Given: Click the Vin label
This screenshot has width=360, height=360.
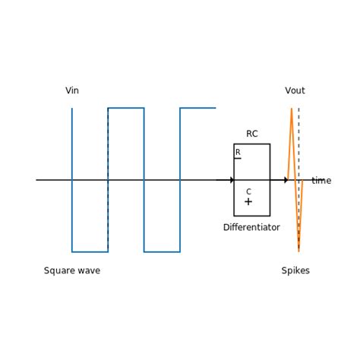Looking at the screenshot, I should pos(72,91).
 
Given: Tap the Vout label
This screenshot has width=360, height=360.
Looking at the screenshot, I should pos(295,91).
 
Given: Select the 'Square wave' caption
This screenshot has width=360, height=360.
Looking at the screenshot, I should pos(72,271).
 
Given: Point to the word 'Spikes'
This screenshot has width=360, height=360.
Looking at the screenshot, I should pos(295,271).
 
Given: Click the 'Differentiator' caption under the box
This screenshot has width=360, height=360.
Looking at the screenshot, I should pos(251,228).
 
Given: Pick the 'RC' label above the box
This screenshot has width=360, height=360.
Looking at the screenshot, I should pos(251,134).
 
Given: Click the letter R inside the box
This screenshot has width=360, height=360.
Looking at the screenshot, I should pos(238,153).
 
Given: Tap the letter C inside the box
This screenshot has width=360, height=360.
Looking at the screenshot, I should pos(248,192).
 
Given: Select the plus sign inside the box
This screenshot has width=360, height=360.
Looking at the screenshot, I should pos(248,202).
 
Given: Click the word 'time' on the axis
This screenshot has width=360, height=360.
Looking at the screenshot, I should pos(321,181).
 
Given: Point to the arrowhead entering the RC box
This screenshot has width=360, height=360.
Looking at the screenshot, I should pos(232,180).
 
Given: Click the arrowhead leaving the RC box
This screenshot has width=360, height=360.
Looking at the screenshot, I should pos(286,180).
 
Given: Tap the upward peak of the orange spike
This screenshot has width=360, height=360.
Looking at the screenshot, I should pos(292,109).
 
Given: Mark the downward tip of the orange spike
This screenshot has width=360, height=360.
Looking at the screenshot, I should pos(298,250).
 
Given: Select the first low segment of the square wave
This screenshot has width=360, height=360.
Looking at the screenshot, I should pos(90,251).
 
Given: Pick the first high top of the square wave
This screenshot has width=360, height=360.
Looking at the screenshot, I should pos(126,108).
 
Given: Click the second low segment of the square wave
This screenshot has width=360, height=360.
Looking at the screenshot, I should pos(162,251).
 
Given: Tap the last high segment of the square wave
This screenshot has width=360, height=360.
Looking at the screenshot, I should pos(197,108).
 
